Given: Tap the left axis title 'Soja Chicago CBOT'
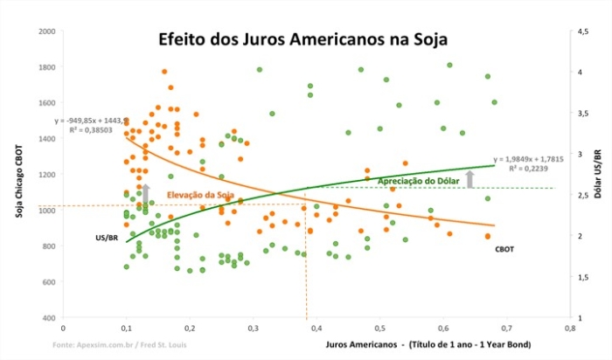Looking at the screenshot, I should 20,175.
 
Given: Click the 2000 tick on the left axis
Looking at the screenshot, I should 46,31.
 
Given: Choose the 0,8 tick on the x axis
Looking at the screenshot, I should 569,329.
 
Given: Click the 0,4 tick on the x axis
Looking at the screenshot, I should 316,329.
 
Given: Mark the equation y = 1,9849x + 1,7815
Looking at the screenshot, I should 529,160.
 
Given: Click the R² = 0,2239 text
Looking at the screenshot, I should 529,169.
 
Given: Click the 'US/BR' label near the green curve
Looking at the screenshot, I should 107,237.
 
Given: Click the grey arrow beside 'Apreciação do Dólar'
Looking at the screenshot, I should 470,179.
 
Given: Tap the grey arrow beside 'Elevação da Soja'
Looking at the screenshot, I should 146,193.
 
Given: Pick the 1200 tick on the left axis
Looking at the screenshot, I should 46,175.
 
